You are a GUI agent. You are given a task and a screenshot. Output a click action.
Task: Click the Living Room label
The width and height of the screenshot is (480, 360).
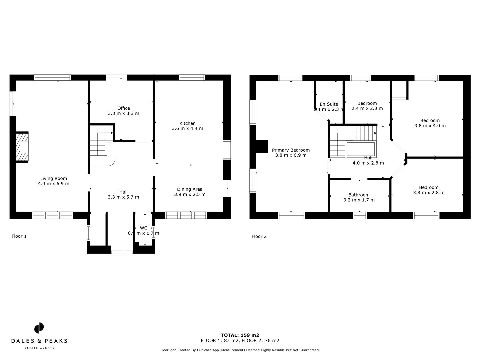click(54, 179)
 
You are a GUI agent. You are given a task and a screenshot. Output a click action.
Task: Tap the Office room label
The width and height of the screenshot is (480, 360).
click(123, 108)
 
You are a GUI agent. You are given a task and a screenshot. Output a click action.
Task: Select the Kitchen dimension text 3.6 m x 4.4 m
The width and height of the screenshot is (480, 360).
click(187, 128)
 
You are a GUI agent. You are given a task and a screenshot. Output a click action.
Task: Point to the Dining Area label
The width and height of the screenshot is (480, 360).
click(190, 189)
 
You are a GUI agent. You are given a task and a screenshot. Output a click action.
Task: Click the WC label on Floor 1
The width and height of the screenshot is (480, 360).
click(143, 228)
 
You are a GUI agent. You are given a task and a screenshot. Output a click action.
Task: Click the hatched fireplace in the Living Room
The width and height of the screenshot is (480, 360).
click(23, 147)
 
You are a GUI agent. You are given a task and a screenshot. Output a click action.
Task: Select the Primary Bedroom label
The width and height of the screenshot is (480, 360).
click(291, 150)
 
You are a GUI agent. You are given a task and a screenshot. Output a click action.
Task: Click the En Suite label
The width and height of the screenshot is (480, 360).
click(329, 104)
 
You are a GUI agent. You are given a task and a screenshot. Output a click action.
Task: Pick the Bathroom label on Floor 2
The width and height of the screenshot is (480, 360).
click(359, 195)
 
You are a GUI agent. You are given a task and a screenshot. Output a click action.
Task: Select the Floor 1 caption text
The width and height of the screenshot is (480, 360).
click(19, 236)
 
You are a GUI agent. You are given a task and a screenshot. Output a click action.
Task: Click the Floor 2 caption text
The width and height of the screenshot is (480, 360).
click(259, 237)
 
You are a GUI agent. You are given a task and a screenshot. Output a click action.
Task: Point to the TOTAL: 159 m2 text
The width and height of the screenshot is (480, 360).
click(240, 335)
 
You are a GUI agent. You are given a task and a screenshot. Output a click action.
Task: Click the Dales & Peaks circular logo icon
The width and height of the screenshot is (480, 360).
click(39, 328)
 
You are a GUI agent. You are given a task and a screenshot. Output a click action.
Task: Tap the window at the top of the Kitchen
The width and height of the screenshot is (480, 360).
click(192, 78)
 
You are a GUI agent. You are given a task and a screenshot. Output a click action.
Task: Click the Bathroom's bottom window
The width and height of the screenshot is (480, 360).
click(360, 216)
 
